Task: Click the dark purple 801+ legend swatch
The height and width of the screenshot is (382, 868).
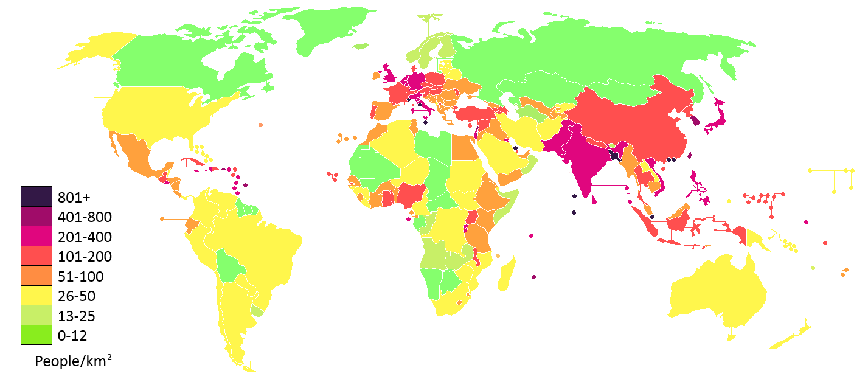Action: click(36, 196)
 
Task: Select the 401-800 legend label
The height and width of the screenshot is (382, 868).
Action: click(85, 217)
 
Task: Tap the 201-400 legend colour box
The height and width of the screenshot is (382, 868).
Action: click(36, 236)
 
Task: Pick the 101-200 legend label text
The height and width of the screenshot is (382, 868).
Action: click(85, 257)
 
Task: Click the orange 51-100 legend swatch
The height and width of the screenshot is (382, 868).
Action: click(36, 276)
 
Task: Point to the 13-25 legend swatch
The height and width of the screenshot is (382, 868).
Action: click(36, 316)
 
